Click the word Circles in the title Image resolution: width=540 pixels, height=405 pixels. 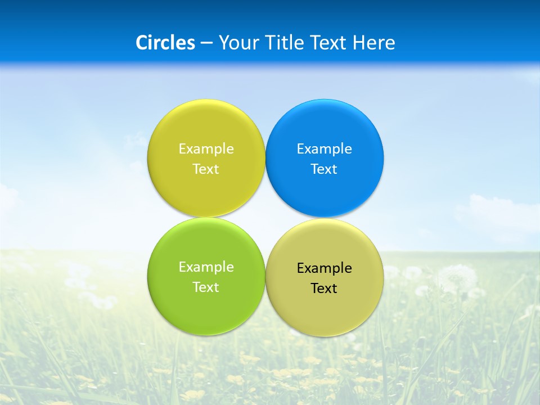[165, 43]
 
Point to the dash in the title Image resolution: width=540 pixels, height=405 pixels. [206, 43]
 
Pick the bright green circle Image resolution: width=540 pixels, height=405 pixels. [206, 309]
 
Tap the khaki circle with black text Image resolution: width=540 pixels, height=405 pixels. [325, 313]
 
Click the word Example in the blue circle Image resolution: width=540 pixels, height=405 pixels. [325, 149]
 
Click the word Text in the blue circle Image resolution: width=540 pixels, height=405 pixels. [325, 169]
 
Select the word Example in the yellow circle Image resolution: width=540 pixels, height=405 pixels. [206, 149]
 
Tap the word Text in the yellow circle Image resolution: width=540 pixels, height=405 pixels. [206, 169]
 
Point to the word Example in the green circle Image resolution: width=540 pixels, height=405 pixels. [206, 267]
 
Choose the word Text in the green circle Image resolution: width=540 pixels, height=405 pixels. [206, 287]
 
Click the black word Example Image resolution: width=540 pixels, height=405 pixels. [325, 268]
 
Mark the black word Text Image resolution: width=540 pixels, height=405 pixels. [325, 289]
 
